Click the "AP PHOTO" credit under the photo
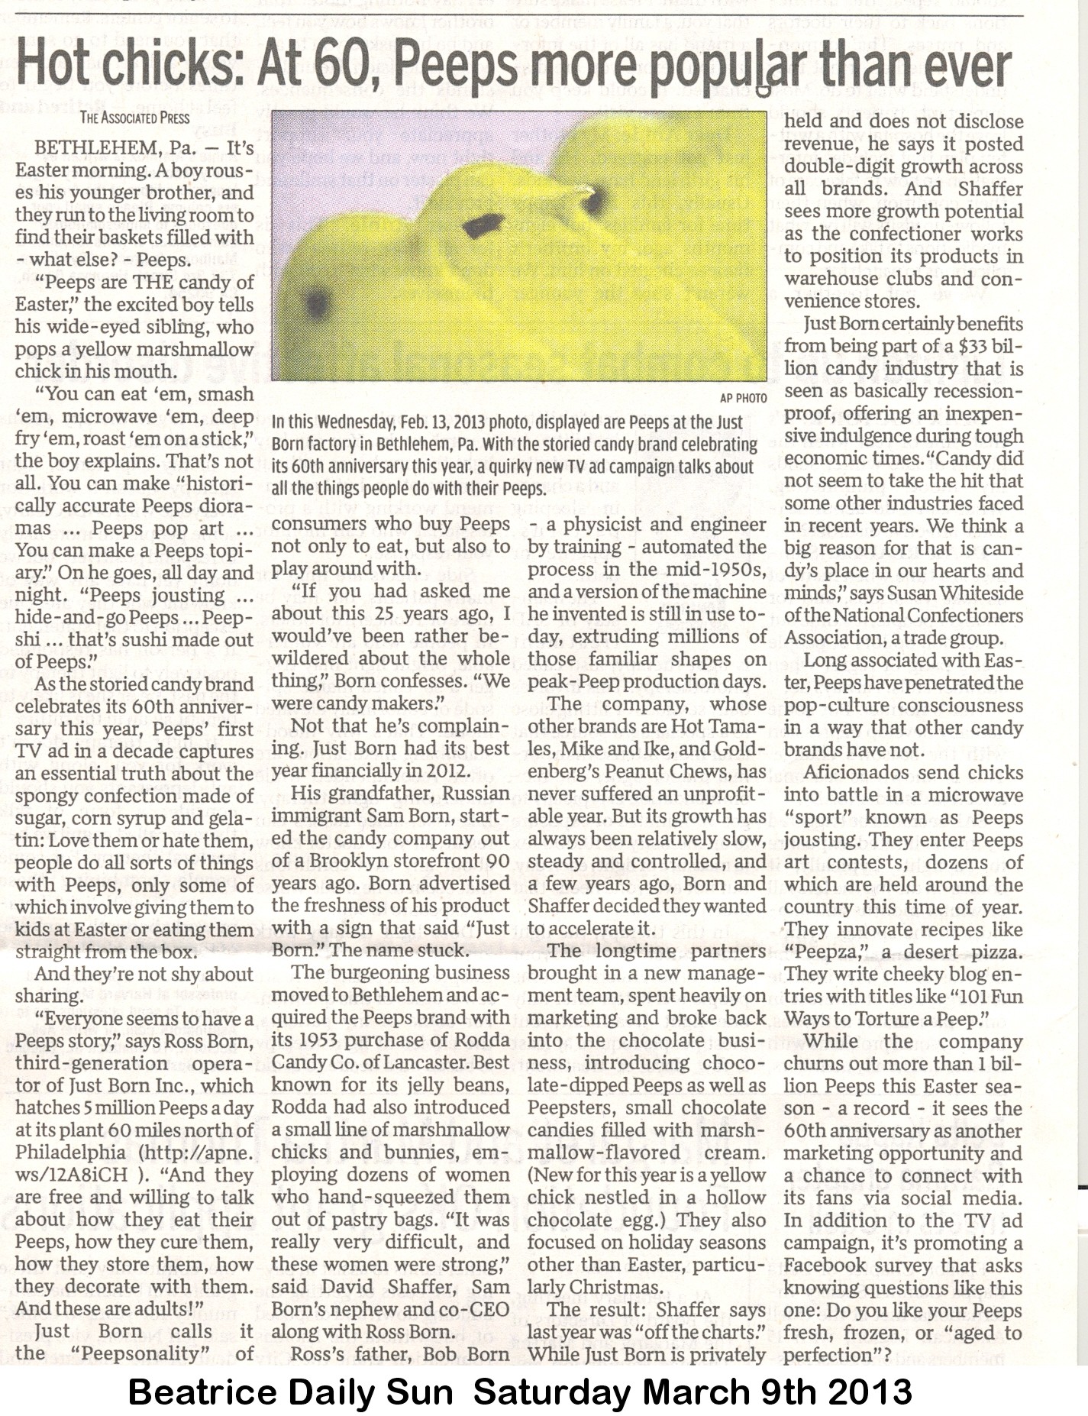coord(742,398)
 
